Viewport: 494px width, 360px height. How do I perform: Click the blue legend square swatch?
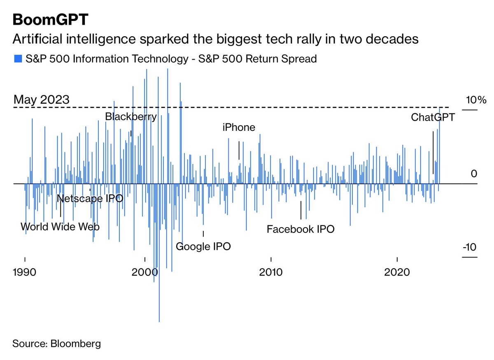17,59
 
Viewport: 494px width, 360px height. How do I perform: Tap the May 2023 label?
41,100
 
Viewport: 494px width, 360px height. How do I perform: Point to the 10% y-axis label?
476,100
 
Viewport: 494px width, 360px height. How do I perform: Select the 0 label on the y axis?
474,174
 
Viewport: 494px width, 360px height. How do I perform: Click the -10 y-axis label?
470,248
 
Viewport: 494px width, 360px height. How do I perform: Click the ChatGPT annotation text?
433,117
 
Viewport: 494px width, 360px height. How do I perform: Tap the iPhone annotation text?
239,128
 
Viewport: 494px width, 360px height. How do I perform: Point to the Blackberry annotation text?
131,117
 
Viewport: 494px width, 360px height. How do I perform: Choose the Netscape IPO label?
90,198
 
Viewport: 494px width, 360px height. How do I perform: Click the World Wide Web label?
60,227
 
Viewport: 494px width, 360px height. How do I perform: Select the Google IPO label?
203,247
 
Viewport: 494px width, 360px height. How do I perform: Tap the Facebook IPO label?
301,229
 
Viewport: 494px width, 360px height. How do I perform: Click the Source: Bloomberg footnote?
56,344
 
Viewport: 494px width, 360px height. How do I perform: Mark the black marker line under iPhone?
239,150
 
